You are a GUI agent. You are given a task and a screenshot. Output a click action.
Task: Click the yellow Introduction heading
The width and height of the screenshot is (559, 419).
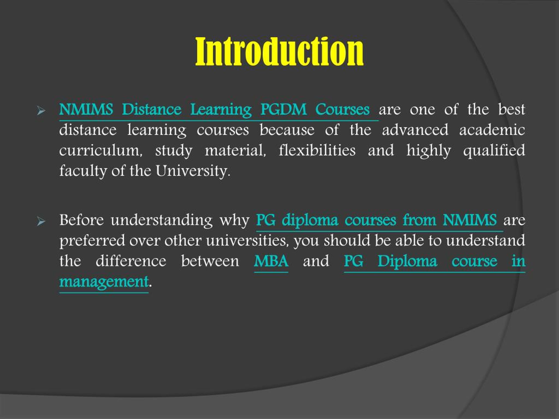click(x=279, y=52)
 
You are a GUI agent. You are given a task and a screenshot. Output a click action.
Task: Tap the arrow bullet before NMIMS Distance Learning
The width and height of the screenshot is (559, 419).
click(x=41, y=111)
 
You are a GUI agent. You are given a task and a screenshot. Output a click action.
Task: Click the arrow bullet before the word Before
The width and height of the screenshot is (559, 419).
click(x=41, y=221)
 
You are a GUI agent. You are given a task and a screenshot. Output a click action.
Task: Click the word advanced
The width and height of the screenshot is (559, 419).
click(x=415, y=130)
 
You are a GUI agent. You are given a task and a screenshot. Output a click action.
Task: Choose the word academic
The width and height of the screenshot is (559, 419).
click(x=492, y=130)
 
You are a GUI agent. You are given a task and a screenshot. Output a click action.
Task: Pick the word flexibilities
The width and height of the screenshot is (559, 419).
click(x=317, y=151)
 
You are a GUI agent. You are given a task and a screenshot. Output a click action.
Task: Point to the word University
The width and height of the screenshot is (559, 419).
click(x=193, y=171)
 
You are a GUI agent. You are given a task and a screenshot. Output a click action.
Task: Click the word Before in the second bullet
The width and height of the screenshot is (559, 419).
click(x=81, y=220)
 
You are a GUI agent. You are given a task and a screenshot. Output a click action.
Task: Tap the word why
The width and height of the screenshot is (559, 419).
click(x=234, y=220)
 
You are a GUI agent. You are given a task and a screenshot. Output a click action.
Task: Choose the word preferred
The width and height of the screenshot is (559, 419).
click(x=92, y=241)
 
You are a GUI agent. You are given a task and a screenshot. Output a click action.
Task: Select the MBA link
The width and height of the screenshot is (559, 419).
click(x=271, y=261)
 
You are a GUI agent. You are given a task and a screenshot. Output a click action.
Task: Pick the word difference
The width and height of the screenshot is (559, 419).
click(x=131, y=261)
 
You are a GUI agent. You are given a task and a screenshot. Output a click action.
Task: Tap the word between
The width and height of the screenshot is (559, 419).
click(x=210, y=261)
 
